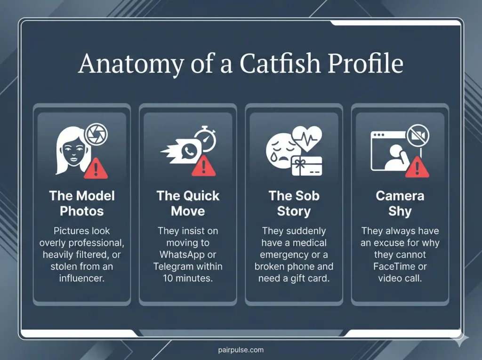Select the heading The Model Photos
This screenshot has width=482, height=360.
pyautogui.click(x=82, y=203)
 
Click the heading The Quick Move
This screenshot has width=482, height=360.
pyautogui.click(x=188, y=203)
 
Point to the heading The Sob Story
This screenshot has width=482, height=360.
pyautogui.click(x=294, y=203)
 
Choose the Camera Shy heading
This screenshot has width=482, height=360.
pyautogui.click(x=400, y=203)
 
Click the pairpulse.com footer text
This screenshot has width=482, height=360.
pyautogui.click(x=241, y=350)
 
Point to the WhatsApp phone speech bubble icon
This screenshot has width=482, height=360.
pyautogui.click(x=190, y=151)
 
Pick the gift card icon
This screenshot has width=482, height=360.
pyautogui.click(x=307, y=166)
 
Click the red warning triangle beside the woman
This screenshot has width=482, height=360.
pyautogui.click(x=96, y=168)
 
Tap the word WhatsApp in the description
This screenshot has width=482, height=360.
pyautogui.click(x=179, y=255)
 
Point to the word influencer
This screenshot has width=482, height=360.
pyautogui.click(x=82, y=278)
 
